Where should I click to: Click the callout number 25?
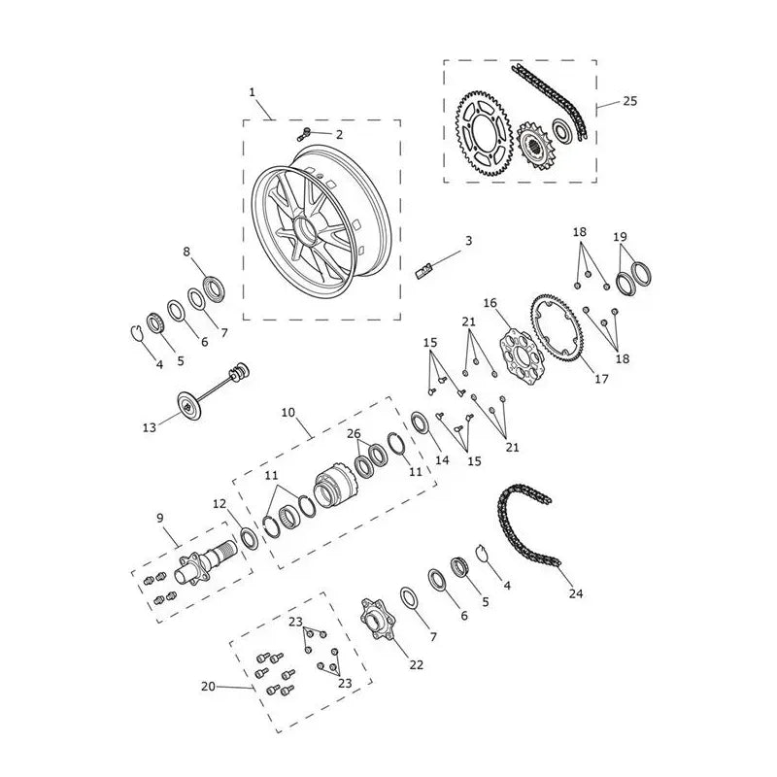629,101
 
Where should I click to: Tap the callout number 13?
150,427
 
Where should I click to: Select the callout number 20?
208,687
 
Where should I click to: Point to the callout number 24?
576,593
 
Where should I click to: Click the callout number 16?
490,303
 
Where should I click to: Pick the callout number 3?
468,241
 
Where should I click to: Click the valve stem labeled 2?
304,134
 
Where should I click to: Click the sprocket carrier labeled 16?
519,355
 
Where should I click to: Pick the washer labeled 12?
249,539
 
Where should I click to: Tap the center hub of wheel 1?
306,230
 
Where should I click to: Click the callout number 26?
354,434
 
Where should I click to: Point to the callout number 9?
159,519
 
